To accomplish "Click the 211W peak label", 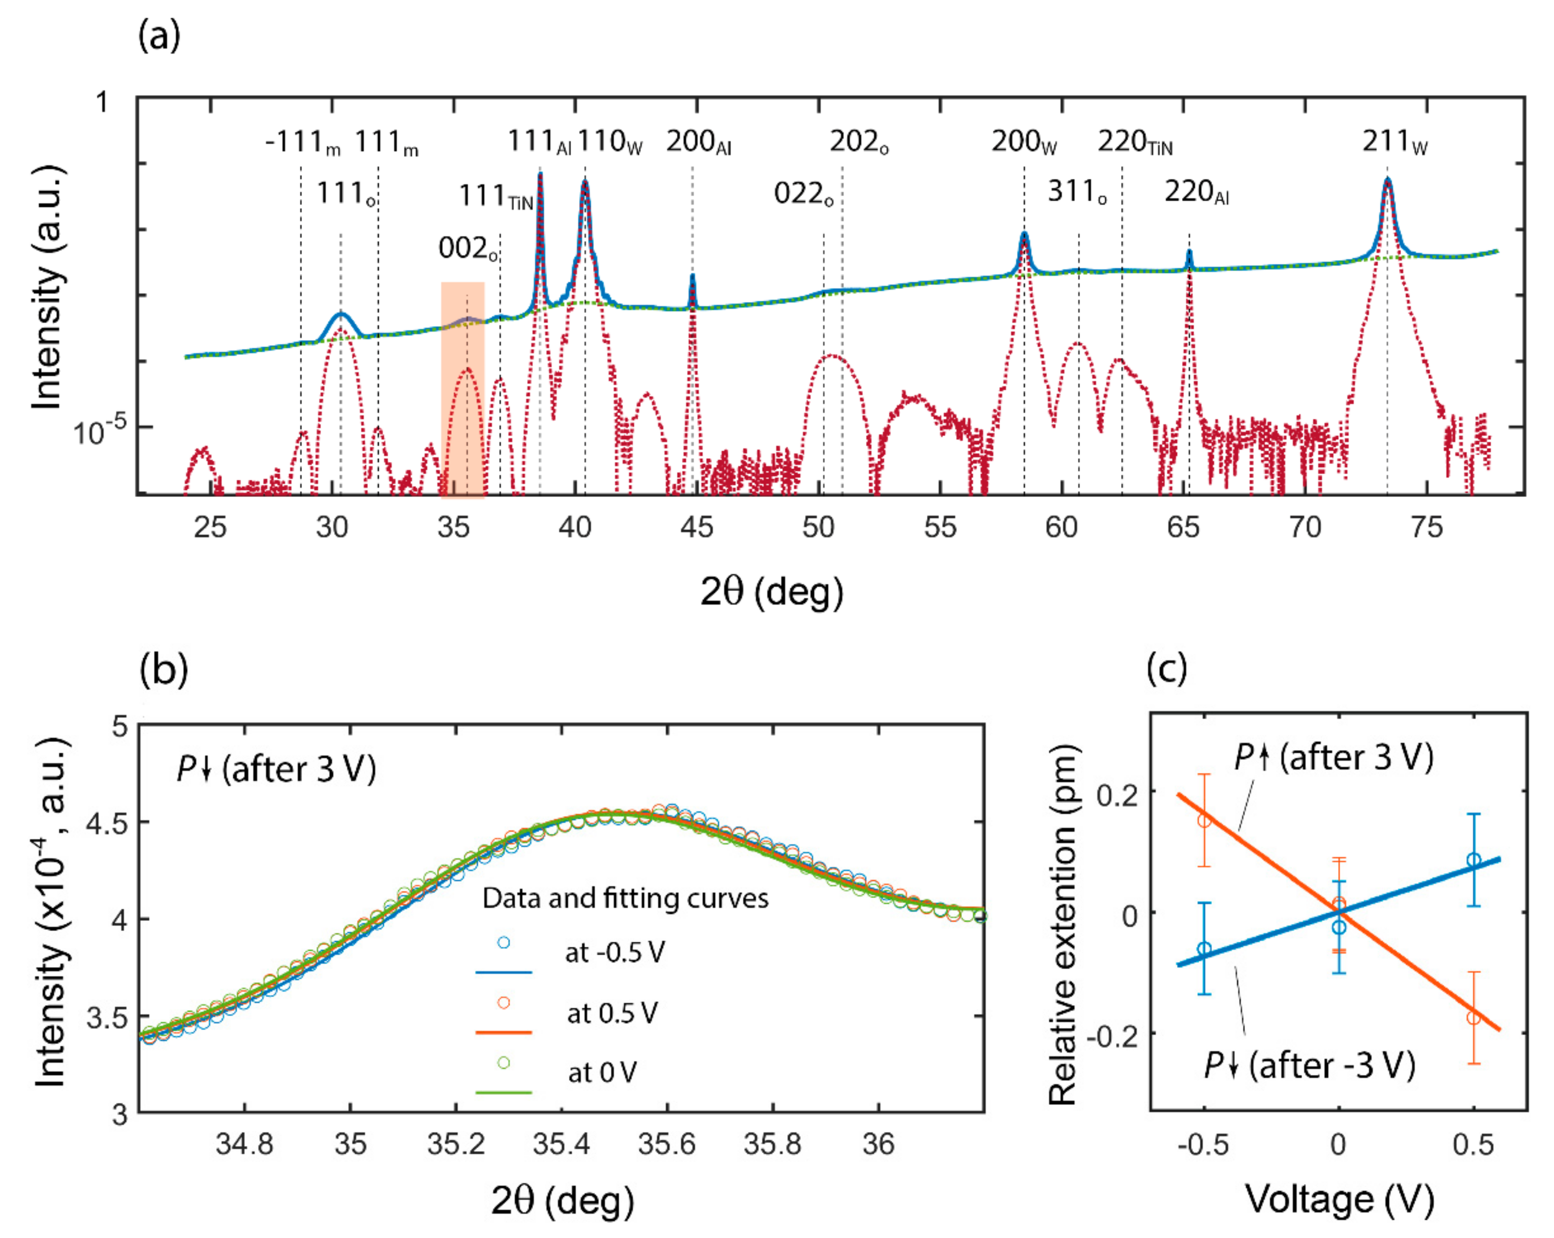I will (x=1393, y=142).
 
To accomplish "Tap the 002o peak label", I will (x=468, y=249).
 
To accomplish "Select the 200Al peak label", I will (x=698, y=142).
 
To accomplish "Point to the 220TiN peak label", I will (x=1135, y=142).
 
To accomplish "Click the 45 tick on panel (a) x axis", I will (x=696, y=528).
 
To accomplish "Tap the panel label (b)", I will (x=164, y=669).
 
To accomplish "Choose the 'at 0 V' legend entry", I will (x=602, y=1073).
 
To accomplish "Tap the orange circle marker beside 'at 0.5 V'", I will (x=504, y=1002).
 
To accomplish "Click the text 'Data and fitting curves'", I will (x=625, y=899).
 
